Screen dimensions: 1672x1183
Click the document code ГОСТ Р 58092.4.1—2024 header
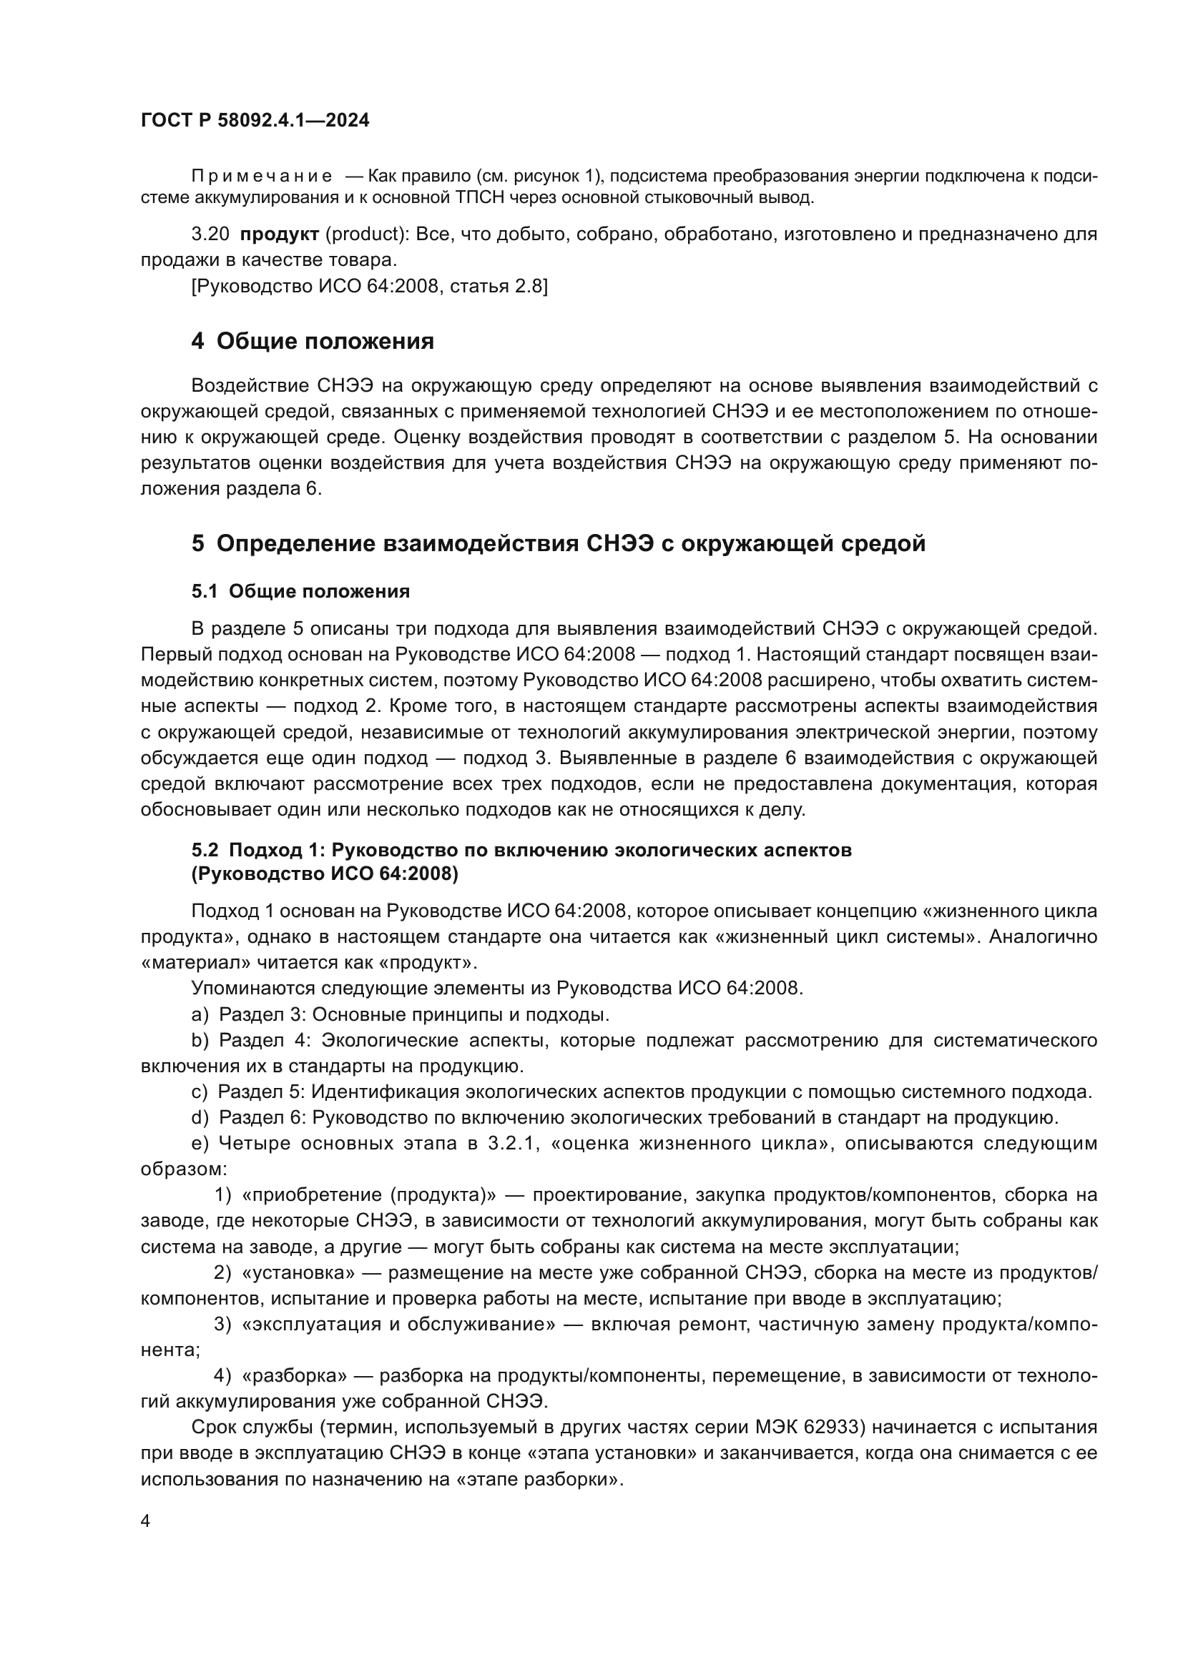coord(255,120)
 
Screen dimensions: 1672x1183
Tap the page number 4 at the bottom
coord(145,1520)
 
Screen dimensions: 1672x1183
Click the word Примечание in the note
coord(262,177)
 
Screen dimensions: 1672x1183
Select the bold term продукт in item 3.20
coord(280,234)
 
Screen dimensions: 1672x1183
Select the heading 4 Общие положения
coord(313,341)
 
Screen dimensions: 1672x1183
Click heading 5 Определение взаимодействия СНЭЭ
coord(558,543)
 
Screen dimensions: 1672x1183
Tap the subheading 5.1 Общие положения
coord(300,591)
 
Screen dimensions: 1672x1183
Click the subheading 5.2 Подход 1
coord(521,850)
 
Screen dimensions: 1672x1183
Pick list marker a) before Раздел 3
coord(200,1014)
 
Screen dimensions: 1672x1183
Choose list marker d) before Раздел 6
coord(200,1117)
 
